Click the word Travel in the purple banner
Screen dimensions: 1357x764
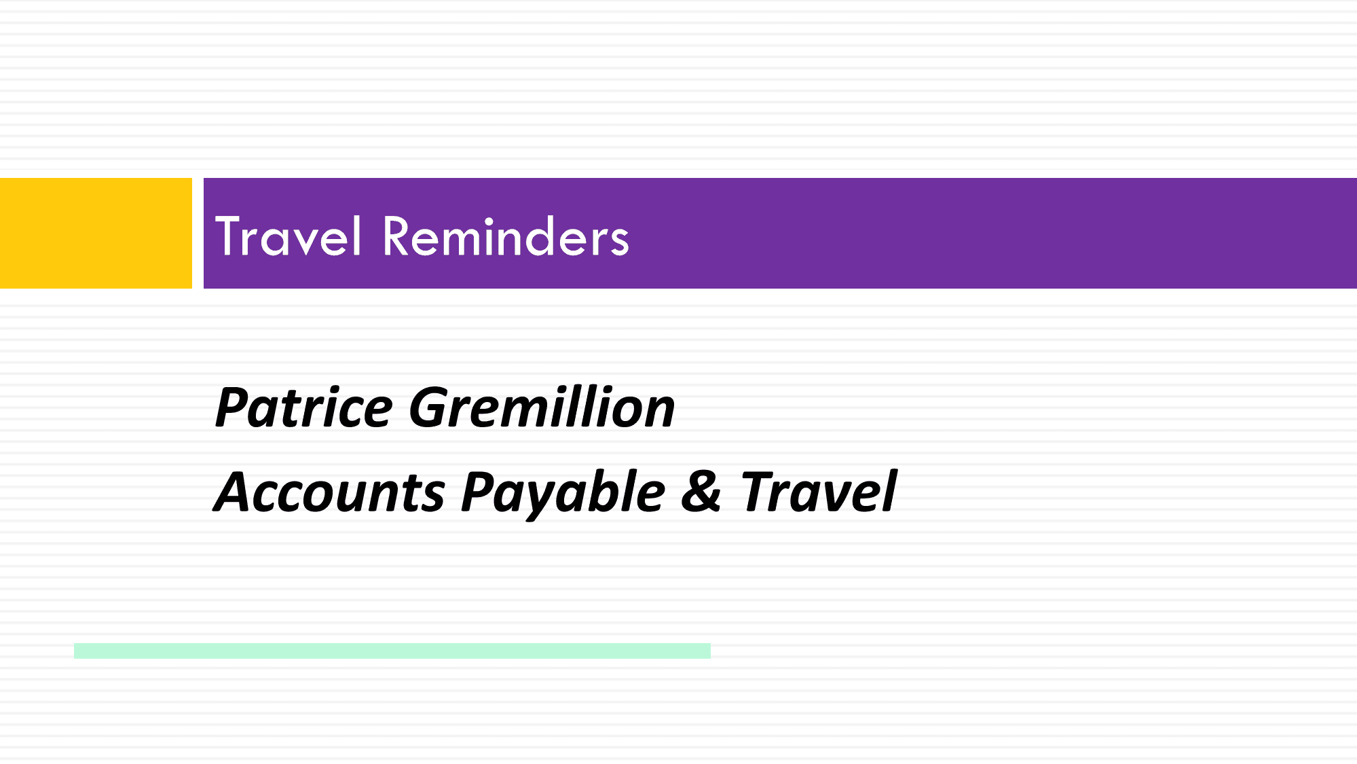288,236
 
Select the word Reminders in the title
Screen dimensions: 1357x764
506,236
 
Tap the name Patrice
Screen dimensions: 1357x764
304,407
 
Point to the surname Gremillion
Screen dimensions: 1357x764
542,407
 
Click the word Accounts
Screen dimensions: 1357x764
330,492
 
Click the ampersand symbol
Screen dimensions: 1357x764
701,491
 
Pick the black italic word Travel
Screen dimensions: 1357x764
819,491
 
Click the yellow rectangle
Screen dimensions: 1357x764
96,233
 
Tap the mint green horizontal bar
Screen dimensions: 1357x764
392,651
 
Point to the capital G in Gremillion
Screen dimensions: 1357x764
429,407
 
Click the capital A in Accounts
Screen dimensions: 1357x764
236,491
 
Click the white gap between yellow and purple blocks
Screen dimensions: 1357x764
198,233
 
